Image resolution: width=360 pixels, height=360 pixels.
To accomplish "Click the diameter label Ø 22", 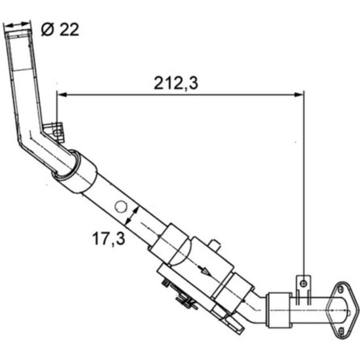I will (x=60, y=29).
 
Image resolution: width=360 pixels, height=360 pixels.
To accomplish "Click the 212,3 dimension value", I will (x=176, y=83).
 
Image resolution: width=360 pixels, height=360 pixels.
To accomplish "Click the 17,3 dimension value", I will (x=106, y=239).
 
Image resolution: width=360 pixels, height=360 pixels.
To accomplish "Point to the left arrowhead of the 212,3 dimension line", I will (x=62, y=94).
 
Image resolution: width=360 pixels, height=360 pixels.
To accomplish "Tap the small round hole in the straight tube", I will (x=120, y=206).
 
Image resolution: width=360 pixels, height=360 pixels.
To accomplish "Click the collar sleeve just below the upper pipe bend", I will (x=75, y=172).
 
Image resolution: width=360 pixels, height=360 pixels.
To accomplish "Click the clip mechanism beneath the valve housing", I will (x=179, y=295).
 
